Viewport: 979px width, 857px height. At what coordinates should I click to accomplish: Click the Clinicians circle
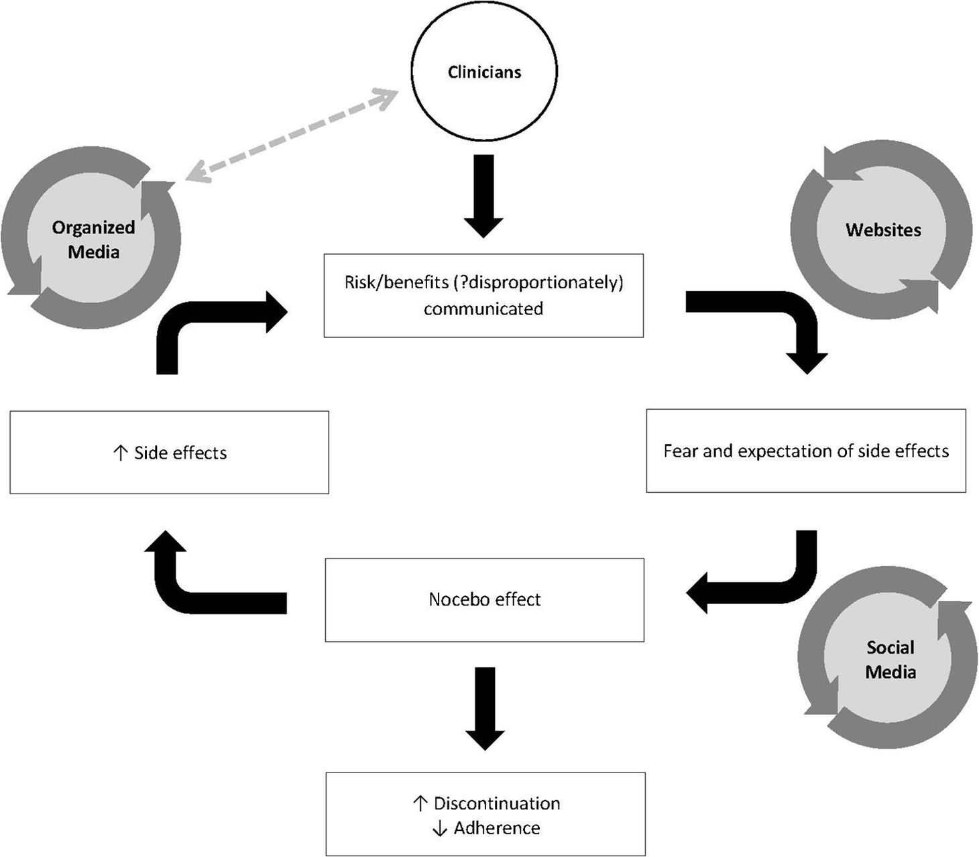(483, 71)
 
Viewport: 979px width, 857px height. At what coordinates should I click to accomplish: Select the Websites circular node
(882, 230)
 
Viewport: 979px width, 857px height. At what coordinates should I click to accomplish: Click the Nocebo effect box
(484, 599)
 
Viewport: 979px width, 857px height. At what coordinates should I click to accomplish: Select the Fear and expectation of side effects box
(805, 451)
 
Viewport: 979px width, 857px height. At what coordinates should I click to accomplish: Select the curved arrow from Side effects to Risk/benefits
(201, 322)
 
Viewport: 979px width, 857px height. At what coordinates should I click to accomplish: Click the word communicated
(483, 308)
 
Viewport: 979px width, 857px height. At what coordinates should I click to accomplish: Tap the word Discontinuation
(496, 803)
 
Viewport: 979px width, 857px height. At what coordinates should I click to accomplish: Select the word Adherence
(496, 828)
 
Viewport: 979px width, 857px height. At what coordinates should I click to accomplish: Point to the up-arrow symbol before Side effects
(120, 453)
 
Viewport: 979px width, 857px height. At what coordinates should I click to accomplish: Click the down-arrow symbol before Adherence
(439, 829)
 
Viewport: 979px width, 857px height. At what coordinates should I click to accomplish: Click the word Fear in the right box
(681, 451)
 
